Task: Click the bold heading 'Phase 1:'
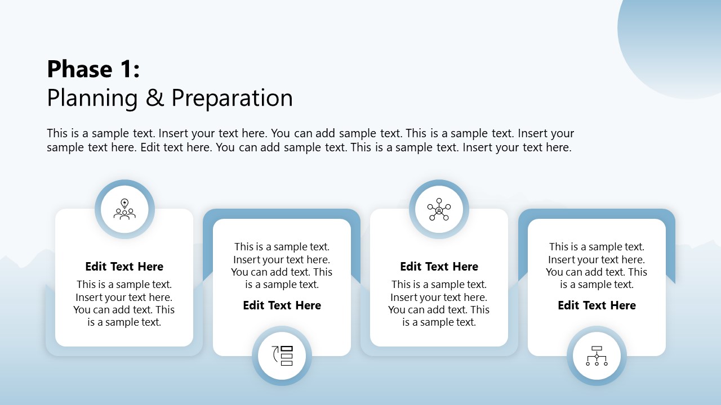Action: [x=93, y=69]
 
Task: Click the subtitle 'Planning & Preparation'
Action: [x=170, y=98]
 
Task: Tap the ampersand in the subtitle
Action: [x=154, y=98]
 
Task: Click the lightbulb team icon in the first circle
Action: [x=124, y=209]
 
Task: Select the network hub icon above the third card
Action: [x=439, y=209]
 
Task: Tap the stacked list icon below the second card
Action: [x=282, y=356]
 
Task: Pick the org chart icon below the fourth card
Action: [x=597, y=356]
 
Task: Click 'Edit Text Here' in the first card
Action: [x=124, y=267]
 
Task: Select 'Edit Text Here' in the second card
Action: [x=282, y=305]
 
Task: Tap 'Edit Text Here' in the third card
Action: [x=439, y=267]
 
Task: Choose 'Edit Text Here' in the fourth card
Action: [x=597, y=305]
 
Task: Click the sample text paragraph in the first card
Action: [x=124, y=303]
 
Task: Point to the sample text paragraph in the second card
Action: [x=282, y=265]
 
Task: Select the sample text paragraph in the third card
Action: [x=439, y=303]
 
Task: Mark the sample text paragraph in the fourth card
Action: [x=597, y=265]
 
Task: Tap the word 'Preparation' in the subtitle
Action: [x=232, y=98]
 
